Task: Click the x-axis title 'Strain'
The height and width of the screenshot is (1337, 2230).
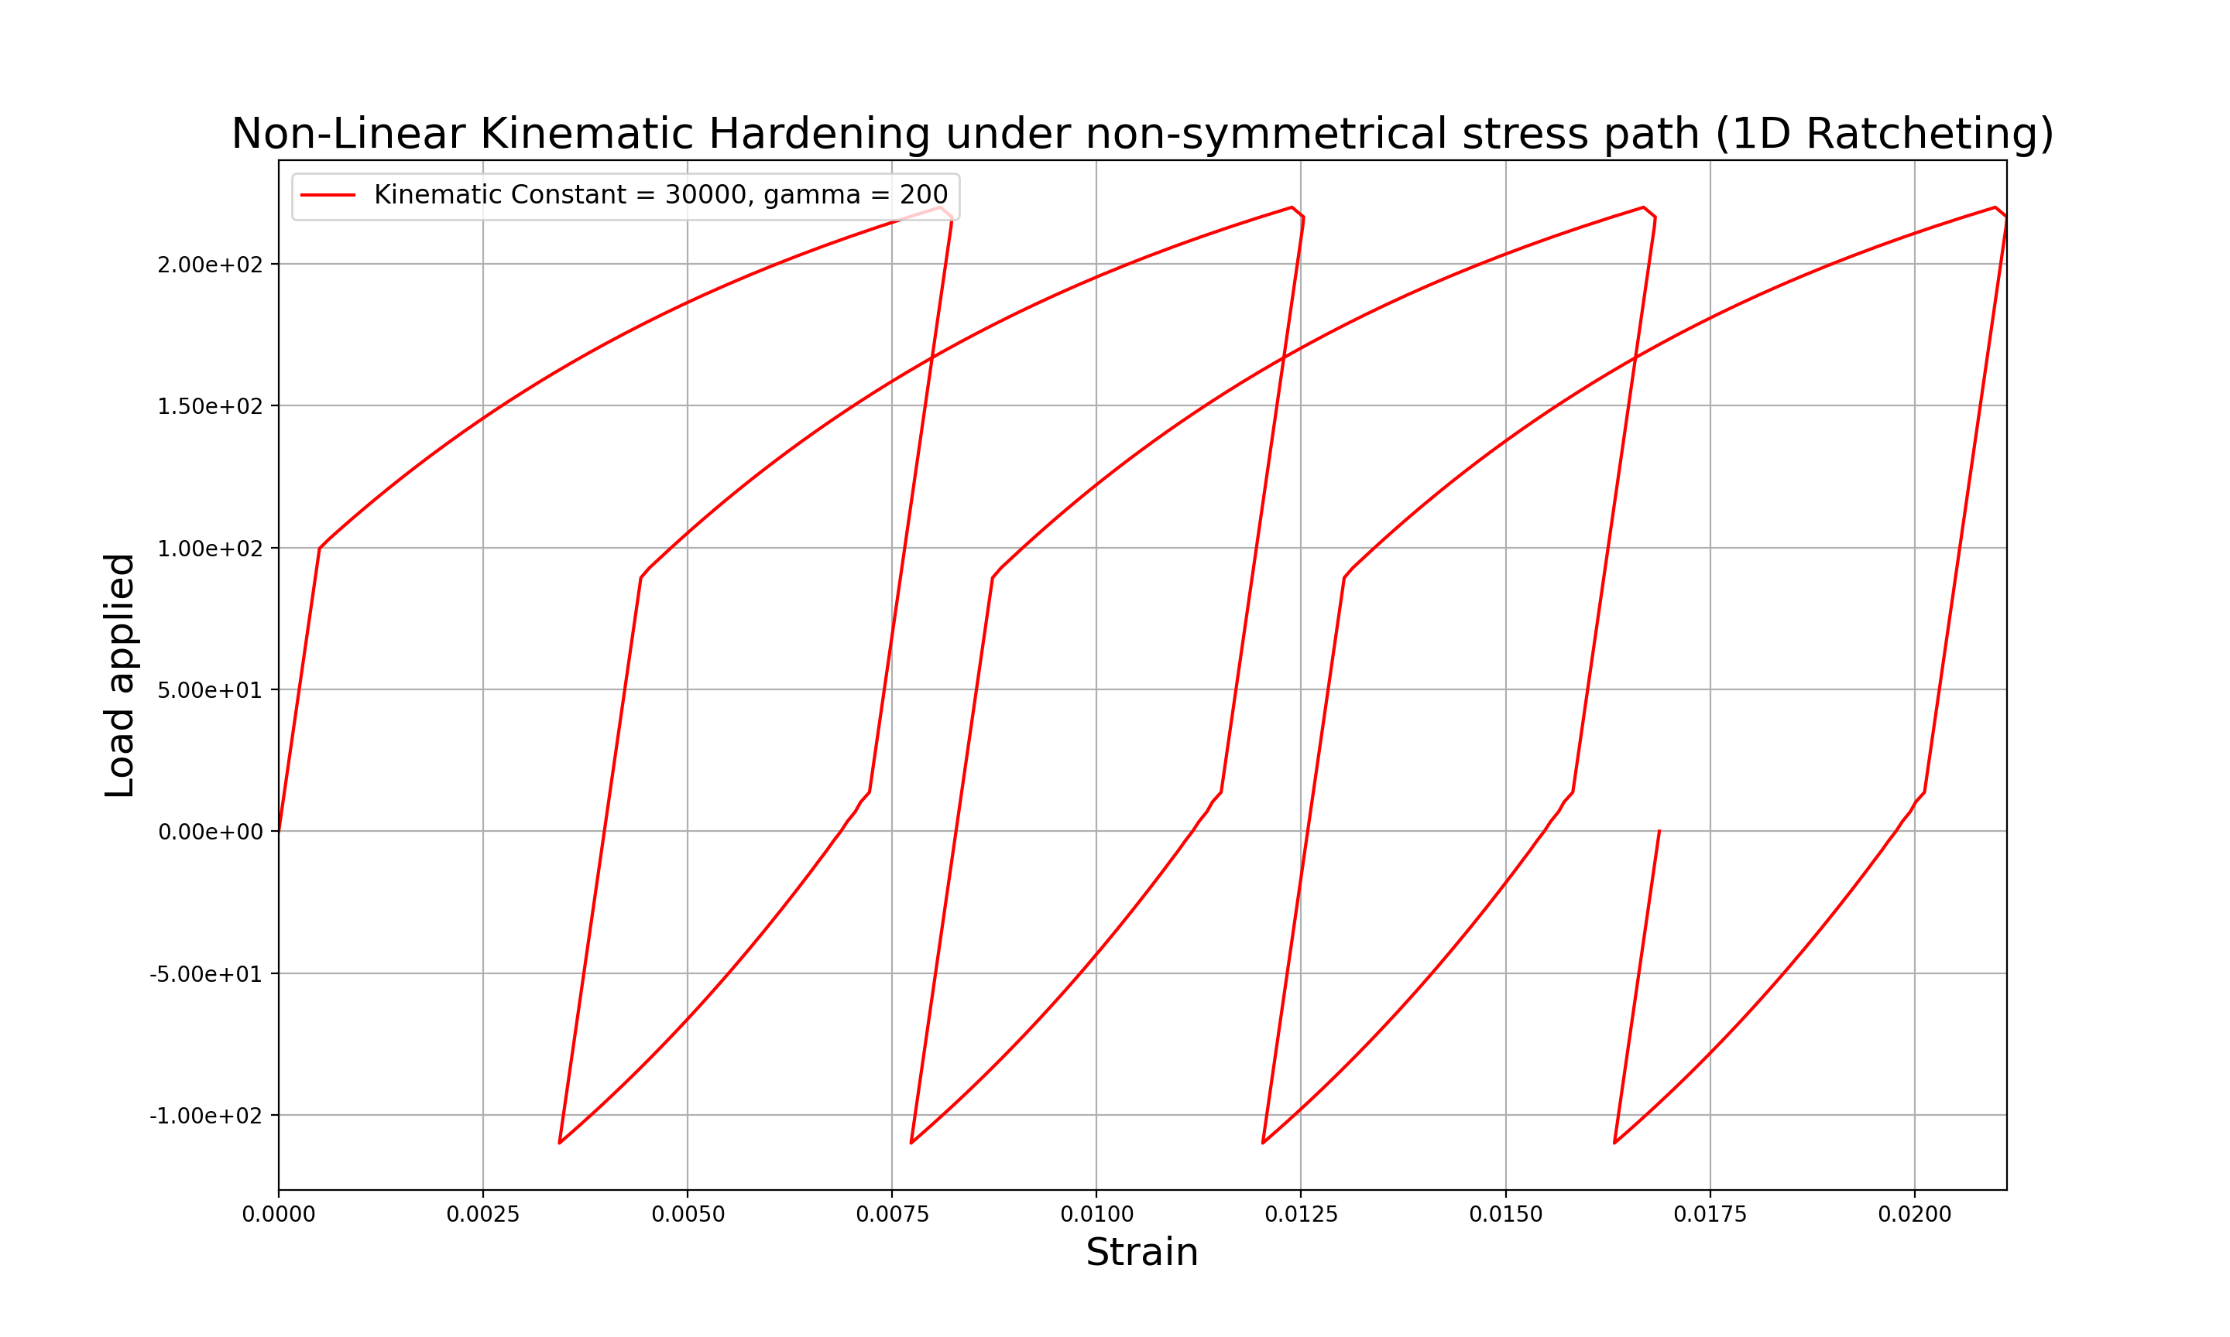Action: point(1141,1253)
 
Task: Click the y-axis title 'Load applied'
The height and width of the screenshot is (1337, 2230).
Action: point(120,675)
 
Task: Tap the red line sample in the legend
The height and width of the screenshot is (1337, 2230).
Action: point(328,196)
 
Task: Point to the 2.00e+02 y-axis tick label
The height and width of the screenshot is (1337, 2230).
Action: point(210,265)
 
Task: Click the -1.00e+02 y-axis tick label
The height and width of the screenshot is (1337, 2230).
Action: point(205,1116)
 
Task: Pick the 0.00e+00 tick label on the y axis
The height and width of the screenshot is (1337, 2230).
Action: point(210,833)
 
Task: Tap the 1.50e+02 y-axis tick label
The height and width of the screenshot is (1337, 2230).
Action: point(210,406)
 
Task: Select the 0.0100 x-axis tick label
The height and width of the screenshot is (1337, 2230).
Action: point(1096,1215)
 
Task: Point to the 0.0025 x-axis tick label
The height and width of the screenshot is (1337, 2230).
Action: point(482,1215)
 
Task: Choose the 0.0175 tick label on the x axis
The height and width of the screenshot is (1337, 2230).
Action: point(1710,1215)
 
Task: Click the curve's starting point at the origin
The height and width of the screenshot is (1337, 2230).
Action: point(279,831)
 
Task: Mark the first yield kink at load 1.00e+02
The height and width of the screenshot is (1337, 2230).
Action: point(319,548)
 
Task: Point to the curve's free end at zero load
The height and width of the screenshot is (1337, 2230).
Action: point(1659,831)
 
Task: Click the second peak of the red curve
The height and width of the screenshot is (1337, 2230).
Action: point(1292,207)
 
